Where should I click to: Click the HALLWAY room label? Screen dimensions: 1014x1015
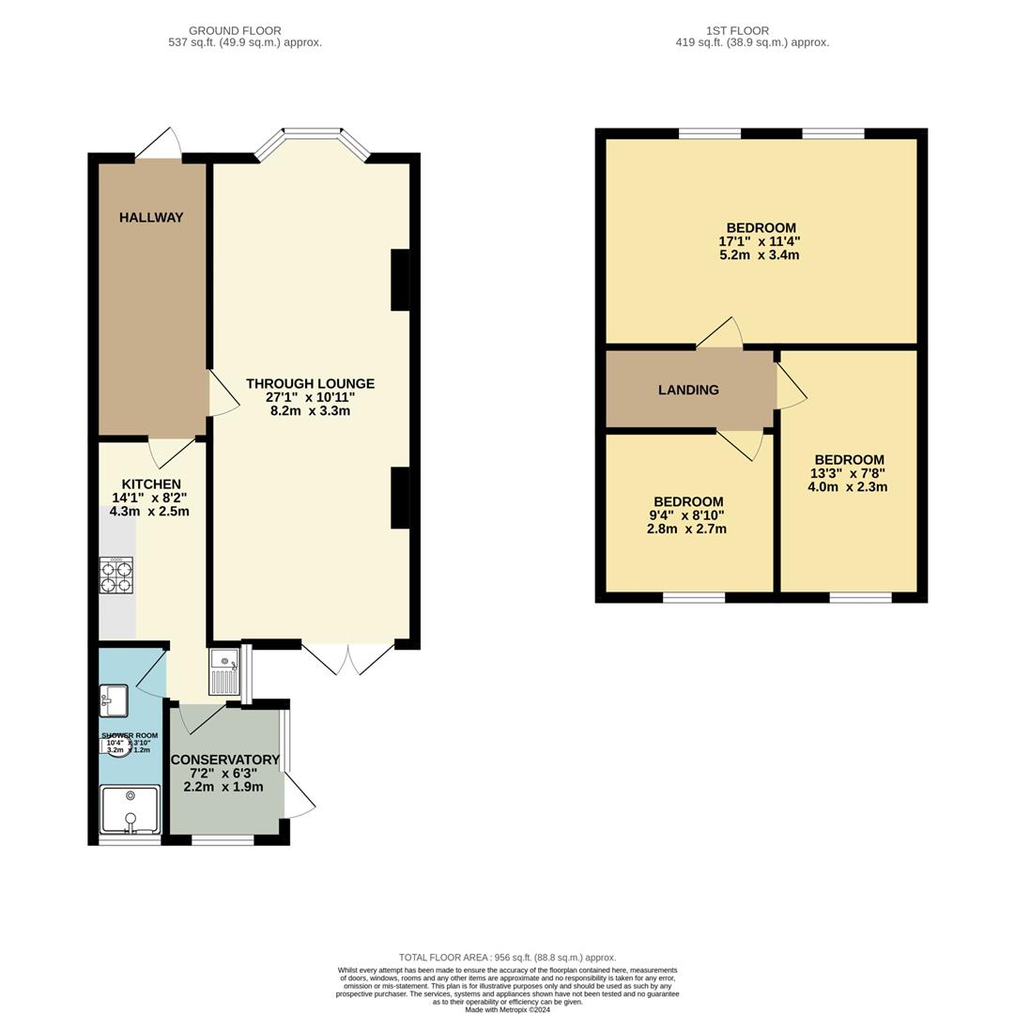click(151, 218)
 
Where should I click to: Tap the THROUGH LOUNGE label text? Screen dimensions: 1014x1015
click(310, 384)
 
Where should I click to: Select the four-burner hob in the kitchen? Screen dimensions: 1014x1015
click(116, 575)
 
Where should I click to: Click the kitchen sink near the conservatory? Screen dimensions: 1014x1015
click(224, 671)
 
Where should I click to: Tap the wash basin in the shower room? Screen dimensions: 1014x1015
click(114, 700)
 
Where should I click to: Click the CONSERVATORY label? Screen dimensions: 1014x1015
click(224, 760)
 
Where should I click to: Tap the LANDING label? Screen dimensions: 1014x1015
click(688, 391)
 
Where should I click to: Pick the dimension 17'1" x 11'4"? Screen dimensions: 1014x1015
click(760, 241)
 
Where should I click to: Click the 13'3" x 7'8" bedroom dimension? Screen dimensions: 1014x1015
click(847, 473)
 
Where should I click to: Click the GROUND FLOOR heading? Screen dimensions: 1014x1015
click(235, 31)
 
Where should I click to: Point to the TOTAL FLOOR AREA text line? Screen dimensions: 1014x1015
click(507, 958)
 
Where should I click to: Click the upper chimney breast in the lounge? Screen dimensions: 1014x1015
click(400, 280)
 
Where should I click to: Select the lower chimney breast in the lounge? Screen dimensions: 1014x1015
click(400, 498)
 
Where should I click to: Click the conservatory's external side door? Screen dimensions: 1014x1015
click(300, 798)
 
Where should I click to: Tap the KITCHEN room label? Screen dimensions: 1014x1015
click(150, 484)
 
